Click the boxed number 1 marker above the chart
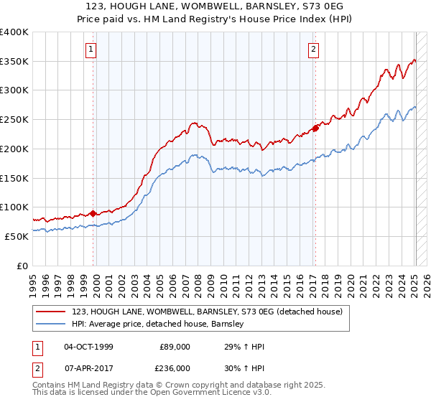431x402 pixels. click(92, 50)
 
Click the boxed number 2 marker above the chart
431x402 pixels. click(314, 50)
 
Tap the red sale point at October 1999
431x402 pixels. click(93, 213)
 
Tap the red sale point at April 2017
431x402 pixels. click(315, 128)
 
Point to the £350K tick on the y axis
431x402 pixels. click(14, 62)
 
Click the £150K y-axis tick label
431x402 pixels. click(14, 178)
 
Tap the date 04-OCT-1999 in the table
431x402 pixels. click(88, 347)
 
